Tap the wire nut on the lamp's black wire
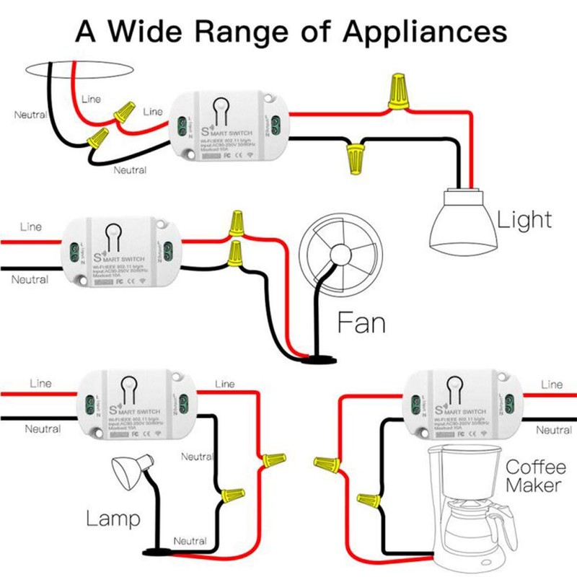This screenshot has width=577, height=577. [x=233, y=495]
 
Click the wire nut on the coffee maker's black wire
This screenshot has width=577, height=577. [x=367, y=499]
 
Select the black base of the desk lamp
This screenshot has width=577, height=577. [x=155, y=553]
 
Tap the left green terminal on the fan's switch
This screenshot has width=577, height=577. [x=73, y=252]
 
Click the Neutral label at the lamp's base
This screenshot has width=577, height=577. [x=190, y=541]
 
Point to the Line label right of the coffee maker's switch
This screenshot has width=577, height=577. [x=552, y=384]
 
